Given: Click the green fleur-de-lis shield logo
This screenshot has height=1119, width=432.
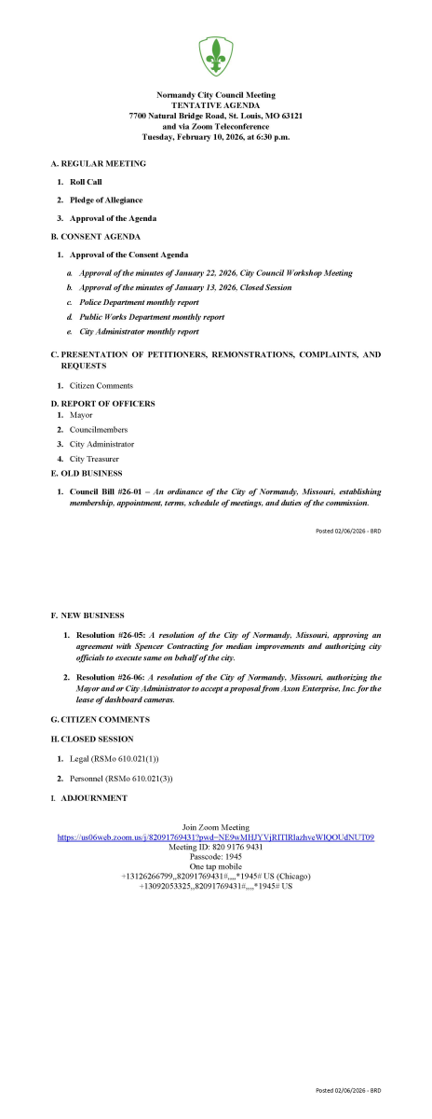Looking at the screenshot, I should click(x=216, y=55).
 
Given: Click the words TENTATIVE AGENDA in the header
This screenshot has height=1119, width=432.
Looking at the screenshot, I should click(x=216, y=105).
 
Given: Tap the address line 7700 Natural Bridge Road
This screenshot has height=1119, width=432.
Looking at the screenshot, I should click(x=216, y=116).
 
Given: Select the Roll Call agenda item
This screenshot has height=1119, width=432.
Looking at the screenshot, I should click(x=86, y=181).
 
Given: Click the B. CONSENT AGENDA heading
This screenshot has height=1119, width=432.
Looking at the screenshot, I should click(x=95, y=237).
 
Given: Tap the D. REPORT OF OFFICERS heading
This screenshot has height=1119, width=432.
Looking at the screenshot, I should click(x=102, y=403).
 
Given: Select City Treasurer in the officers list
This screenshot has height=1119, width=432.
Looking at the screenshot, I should click(x=94, y=459).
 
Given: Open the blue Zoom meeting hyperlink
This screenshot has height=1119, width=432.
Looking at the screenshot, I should click(x=216, y=837).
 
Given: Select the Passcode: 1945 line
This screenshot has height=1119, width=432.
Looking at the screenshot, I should click(x=216, y=857).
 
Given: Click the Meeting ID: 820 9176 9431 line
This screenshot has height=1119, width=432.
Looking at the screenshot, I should click(x=216, y=848).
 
